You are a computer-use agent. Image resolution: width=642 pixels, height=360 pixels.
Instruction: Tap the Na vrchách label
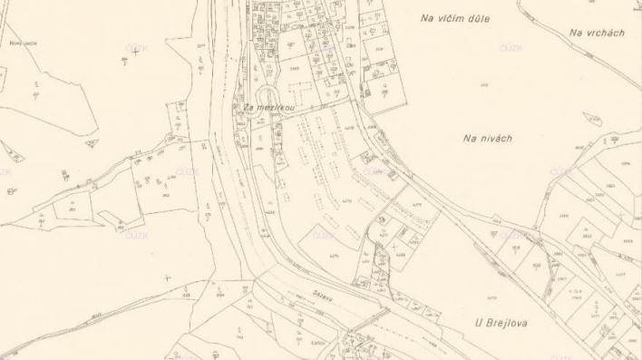point(597,33)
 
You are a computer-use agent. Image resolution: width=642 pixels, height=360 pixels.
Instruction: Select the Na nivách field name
point(488,138)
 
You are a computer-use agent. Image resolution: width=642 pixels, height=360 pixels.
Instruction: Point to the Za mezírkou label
point(269,107)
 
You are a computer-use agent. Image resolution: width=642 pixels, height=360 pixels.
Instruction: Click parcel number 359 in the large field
point(483,85)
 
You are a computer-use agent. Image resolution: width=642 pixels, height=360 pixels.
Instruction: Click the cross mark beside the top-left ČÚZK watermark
point(136,50)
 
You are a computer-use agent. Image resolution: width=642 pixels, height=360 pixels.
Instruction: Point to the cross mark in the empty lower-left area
point(166,277)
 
